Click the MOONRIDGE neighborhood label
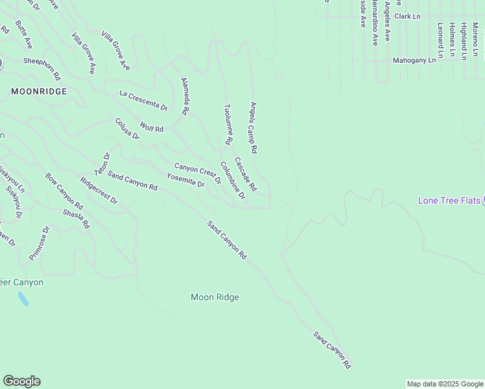click(39, 91)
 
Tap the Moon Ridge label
click(215, 298)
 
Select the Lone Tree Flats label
click(449, 200)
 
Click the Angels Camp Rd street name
click(254, 127)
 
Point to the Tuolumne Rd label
click(228, 124)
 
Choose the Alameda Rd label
click(185, 97)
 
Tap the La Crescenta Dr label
click(144, 100)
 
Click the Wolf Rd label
click(152, 127)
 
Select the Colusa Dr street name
click(127, 128)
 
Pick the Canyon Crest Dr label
click(198, 173)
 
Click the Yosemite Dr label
click(185, 180)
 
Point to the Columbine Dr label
click(232, 180)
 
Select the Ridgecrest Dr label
click(99, 191)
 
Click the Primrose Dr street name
click(39, 242)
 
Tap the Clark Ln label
click(407, 16)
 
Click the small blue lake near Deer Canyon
click(23, 299)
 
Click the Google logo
click(21, 381)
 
